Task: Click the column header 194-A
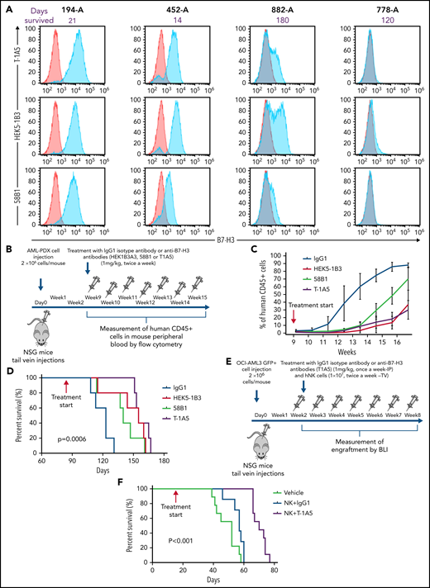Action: [69, 7]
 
